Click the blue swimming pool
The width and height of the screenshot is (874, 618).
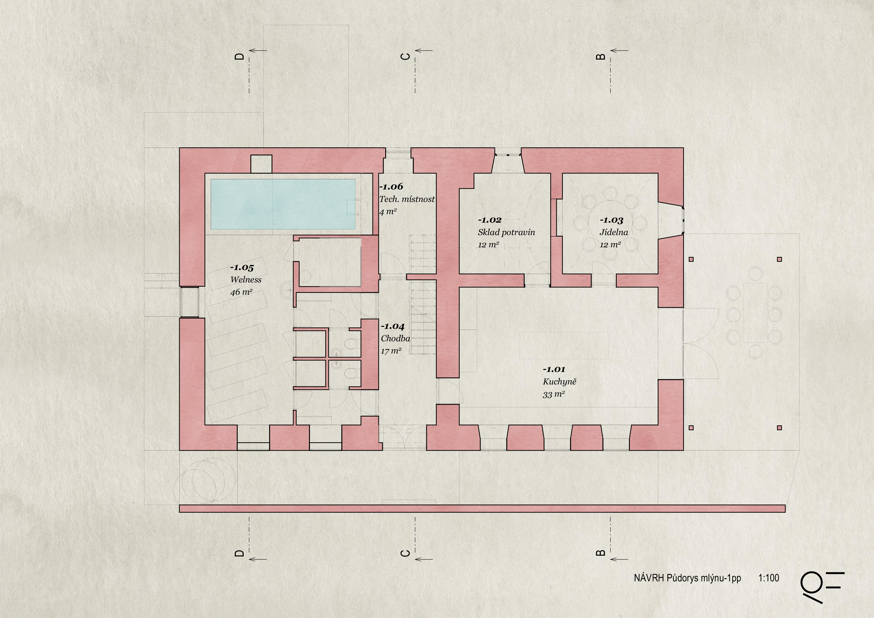283,204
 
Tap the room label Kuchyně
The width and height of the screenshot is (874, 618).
560,381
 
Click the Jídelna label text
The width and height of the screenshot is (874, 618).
614,232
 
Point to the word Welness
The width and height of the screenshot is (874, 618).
246,279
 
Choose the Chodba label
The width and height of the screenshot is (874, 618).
395,339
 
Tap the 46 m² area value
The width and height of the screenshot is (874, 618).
241,292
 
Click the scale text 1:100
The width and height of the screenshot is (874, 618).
769,578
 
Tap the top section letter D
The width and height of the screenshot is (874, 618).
239,56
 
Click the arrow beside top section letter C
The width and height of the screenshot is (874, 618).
424,50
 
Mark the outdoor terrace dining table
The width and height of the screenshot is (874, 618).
755,313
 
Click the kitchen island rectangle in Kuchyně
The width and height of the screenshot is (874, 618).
564,345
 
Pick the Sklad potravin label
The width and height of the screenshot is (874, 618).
506,232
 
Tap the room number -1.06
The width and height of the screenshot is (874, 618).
391,186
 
